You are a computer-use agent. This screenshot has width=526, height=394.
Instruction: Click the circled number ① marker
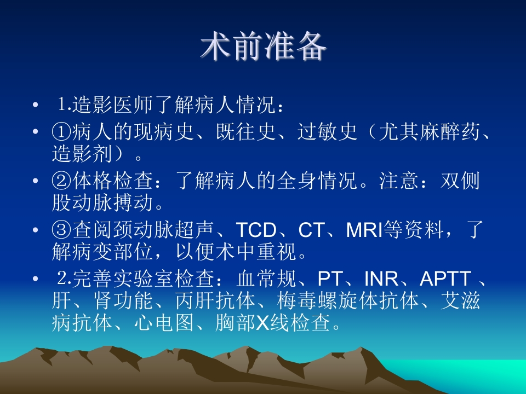point(62,132)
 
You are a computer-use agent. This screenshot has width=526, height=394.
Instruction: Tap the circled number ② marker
point(62,181)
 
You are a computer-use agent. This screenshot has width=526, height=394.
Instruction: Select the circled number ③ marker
point(62,230)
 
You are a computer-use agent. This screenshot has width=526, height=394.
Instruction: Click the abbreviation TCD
point(256,230)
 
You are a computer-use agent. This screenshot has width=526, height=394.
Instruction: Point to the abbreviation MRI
point(364,230)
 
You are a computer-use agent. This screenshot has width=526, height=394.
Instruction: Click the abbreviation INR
point(381,279)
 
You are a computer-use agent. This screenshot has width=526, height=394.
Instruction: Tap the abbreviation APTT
point(445,279)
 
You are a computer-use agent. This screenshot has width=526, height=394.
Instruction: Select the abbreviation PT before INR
point(329,279)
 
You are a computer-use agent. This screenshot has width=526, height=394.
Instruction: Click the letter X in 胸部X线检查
point(263,323)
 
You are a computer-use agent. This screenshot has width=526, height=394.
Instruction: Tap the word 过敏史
point(328,132)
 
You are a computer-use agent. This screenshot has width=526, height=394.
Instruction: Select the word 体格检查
point(112,181)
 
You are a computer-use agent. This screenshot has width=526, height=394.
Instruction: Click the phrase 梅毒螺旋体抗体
point(348,300)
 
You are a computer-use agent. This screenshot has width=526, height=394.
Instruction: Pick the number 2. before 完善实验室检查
point(65,279)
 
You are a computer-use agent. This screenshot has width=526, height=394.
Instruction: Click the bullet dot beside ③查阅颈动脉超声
point(36,230)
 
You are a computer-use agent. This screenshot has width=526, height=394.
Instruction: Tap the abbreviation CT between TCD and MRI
point(311,230)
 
